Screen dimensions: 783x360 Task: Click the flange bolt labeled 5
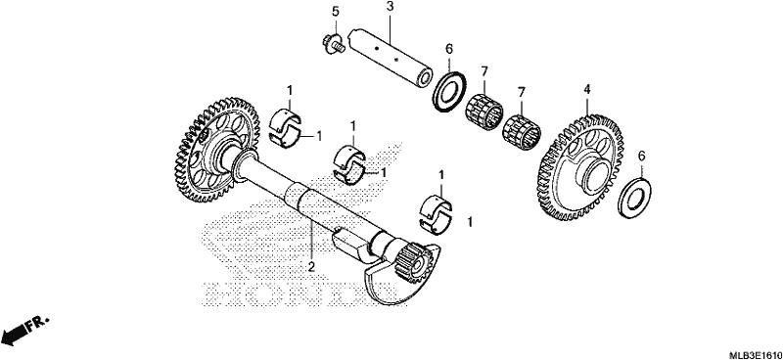333,43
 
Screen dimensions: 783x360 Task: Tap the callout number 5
336,12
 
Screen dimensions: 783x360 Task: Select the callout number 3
390,8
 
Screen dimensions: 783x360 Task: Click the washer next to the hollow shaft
448,89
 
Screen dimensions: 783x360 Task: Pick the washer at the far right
634,198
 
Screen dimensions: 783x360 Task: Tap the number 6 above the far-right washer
642,156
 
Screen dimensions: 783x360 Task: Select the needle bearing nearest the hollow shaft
484,107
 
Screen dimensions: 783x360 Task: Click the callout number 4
587,90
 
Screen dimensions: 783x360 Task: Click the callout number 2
311,266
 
